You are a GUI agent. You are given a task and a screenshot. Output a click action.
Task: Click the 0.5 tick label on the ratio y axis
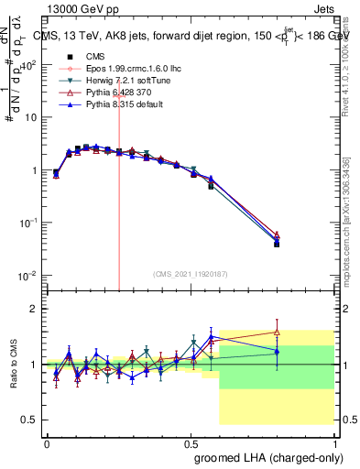[x=29, y=420]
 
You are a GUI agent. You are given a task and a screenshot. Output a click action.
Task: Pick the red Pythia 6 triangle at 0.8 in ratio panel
[x=277, y=332]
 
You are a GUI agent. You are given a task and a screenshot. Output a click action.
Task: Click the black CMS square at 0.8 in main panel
[x=277, y=244]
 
